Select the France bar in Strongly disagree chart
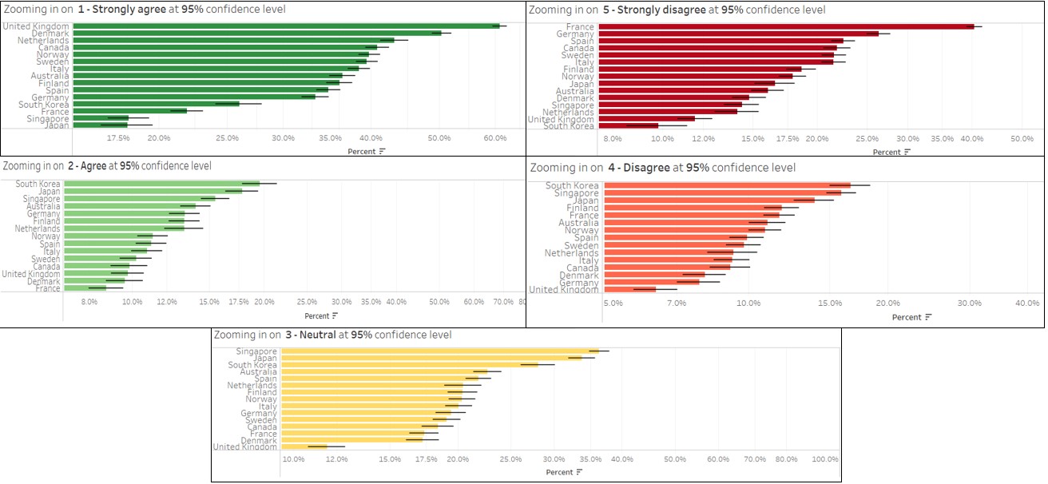point(786,27)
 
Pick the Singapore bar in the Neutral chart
point(439,351)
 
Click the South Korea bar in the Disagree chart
point(727,185)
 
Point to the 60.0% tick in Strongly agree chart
point(495,138)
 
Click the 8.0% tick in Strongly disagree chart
point(613,139)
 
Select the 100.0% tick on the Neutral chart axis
point(825,459)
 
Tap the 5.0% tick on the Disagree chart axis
point(613,303)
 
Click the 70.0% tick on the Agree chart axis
point(503,302)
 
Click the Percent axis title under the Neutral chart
point(559,472)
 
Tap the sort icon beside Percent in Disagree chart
point(928,317)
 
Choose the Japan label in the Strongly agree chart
point(57,125)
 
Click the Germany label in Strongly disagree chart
point(575,34)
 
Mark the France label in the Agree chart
point(48,288)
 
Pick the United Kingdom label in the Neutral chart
point(244,446)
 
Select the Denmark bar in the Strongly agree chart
point(256,34)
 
